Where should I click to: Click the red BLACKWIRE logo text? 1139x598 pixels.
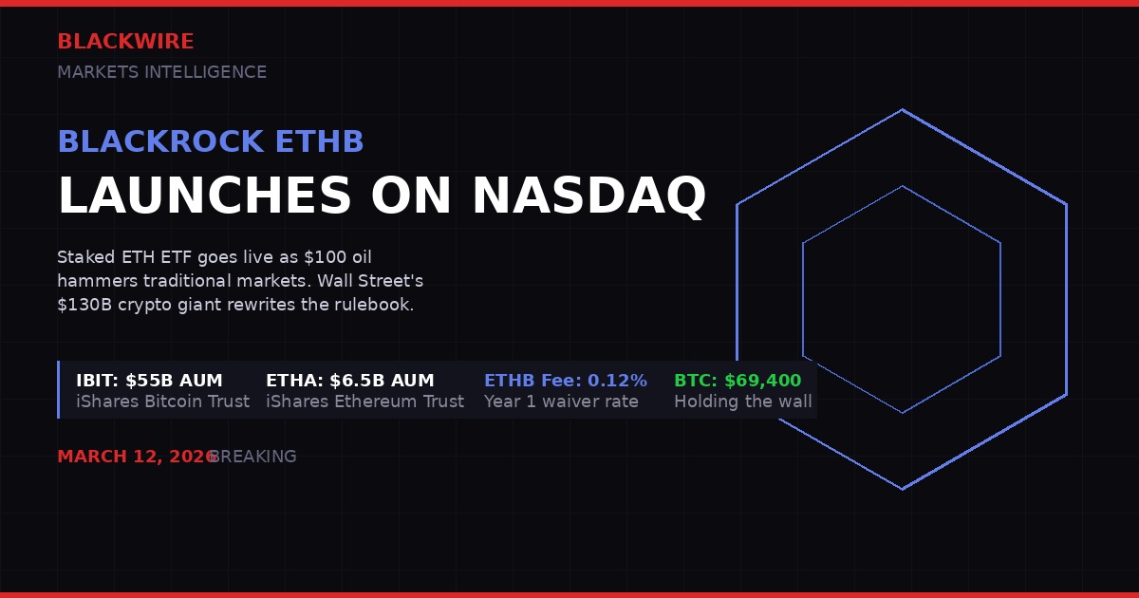coord(125,42)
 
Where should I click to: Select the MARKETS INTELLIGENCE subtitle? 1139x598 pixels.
coord(161,72)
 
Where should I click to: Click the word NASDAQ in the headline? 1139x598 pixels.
coord(588,196)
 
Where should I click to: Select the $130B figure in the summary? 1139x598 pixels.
coord(84,306)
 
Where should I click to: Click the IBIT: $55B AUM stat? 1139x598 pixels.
coord(149,381)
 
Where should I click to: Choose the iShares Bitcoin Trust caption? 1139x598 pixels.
coord(162,402)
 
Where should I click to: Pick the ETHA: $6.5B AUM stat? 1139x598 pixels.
coord(349,381)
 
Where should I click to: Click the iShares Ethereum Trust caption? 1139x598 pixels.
coord(364,402)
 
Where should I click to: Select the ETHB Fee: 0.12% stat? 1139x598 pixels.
coord(565,381)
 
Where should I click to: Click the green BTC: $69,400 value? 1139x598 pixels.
coord(738,381)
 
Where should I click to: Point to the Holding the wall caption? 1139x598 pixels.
coord(742,402)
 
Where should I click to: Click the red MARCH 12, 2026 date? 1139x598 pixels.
coord(136,457)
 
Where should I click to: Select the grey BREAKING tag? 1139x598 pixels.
coord(253,457)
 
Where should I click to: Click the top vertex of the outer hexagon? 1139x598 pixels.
coord(902,110)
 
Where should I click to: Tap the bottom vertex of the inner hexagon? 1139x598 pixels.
coord(902,413)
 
